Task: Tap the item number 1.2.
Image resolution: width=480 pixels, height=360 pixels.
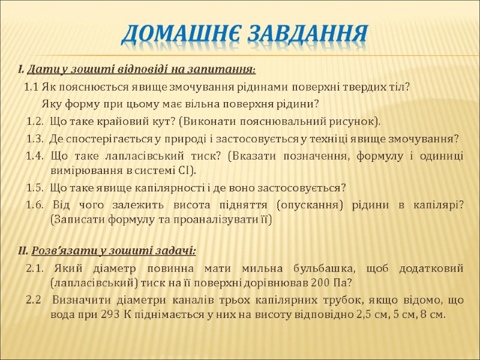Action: tap(35, 122)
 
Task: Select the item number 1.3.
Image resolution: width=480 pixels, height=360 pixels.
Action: tap(35, 139)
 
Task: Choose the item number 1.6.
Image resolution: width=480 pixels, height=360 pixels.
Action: tap(35, 205)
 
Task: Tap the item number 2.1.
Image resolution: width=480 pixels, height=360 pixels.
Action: tap(35, 267)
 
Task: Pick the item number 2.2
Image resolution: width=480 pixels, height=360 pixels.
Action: tap(34, 299)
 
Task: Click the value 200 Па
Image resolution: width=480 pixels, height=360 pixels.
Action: tap(334, 282)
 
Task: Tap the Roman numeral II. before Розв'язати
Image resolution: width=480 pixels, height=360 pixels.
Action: tap(23, 250)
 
